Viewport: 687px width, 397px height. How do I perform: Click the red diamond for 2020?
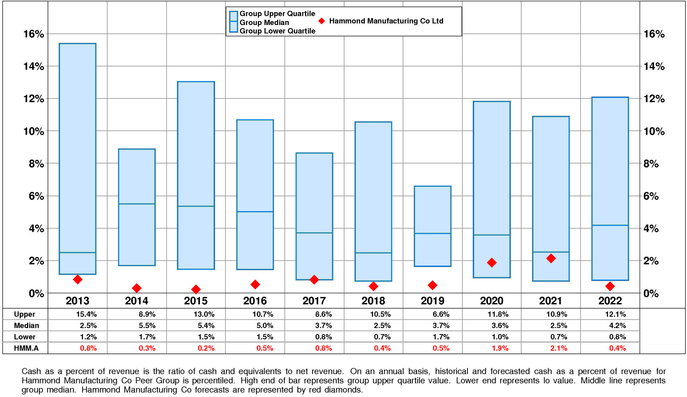(x=492, y=262)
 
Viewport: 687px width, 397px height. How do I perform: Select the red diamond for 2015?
(x=196, y=289)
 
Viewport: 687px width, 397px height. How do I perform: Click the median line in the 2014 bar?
(x=137, y=204)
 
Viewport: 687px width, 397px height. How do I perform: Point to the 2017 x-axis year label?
(x=314, y=301)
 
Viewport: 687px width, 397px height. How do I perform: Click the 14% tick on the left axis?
(x=34, y=66)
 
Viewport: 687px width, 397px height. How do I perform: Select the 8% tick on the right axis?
(x=651, y=164)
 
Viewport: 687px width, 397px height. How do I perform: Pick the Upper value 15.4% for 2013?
(x=86, y=314)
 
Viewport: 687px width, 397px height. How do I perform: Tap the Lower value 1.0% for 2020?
(x=500, y=337)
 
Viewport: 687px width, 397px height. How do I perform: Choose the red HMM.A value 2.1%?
(x=559, y=348)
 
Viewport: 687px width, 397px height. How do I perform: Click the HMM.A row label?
(x=26, y=348)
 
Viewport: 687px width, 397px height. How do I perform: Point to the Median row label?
(x=27, y=326)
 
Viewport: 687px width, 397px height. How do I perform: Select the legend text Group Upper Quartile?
(x=277, y=14)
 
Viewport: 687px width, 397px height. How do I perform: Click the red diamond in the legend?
(x=322, y=21)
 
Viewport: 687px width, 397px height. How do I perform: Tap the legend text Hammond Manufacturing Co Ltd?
(x=386, y=21)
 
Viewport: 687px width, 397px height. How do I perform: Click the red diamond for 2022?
(x=610, y=286)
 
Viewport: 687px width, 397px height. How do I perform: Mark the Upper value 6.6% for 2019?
(x=441, y=314)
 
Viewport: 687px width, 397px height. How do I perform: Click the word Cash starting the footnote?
(x=31, y=372)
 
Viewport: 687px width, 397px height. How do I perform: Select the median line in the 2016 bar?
(x=255, y=211)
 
